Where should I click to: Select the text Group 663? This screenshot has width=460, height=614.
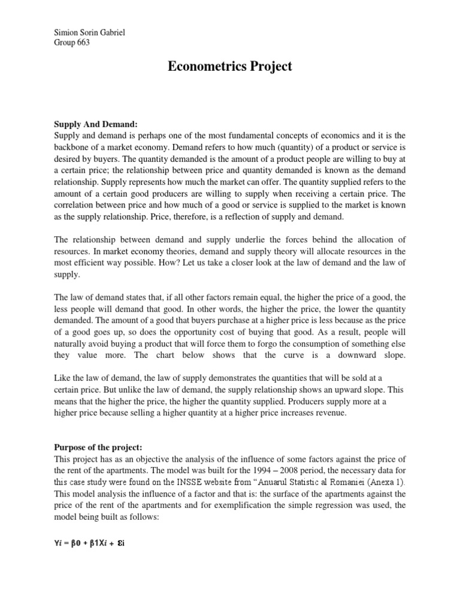72,43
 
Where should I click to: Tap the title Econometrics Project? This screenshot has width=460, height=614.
230,67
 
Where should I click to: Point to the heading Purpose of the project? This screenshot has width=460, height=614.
101,447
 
